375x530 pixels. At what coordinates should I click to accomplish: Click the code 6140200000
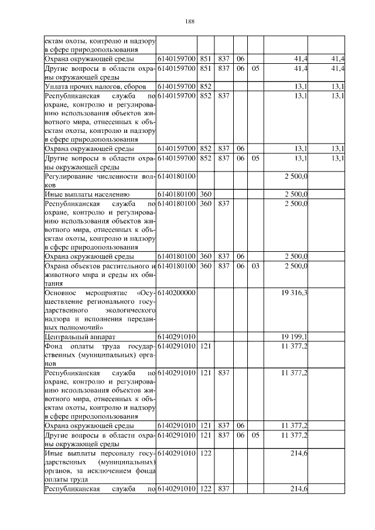tap(176, 292)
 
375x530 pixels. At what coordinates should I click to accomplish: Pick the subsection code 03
tap(255, 266)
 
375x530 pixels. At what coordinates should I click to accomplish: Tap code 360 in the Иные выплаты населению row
tap(205, 193)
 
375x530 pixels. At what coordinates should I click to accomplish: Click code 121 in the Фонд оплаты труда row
tap(205, 346)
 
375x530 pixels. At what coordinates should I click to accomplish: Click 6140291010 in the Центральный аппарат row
tap(176, 337)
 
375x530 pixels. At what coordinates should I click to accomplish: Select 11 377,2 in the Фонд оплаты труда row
tap(295, 346)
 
